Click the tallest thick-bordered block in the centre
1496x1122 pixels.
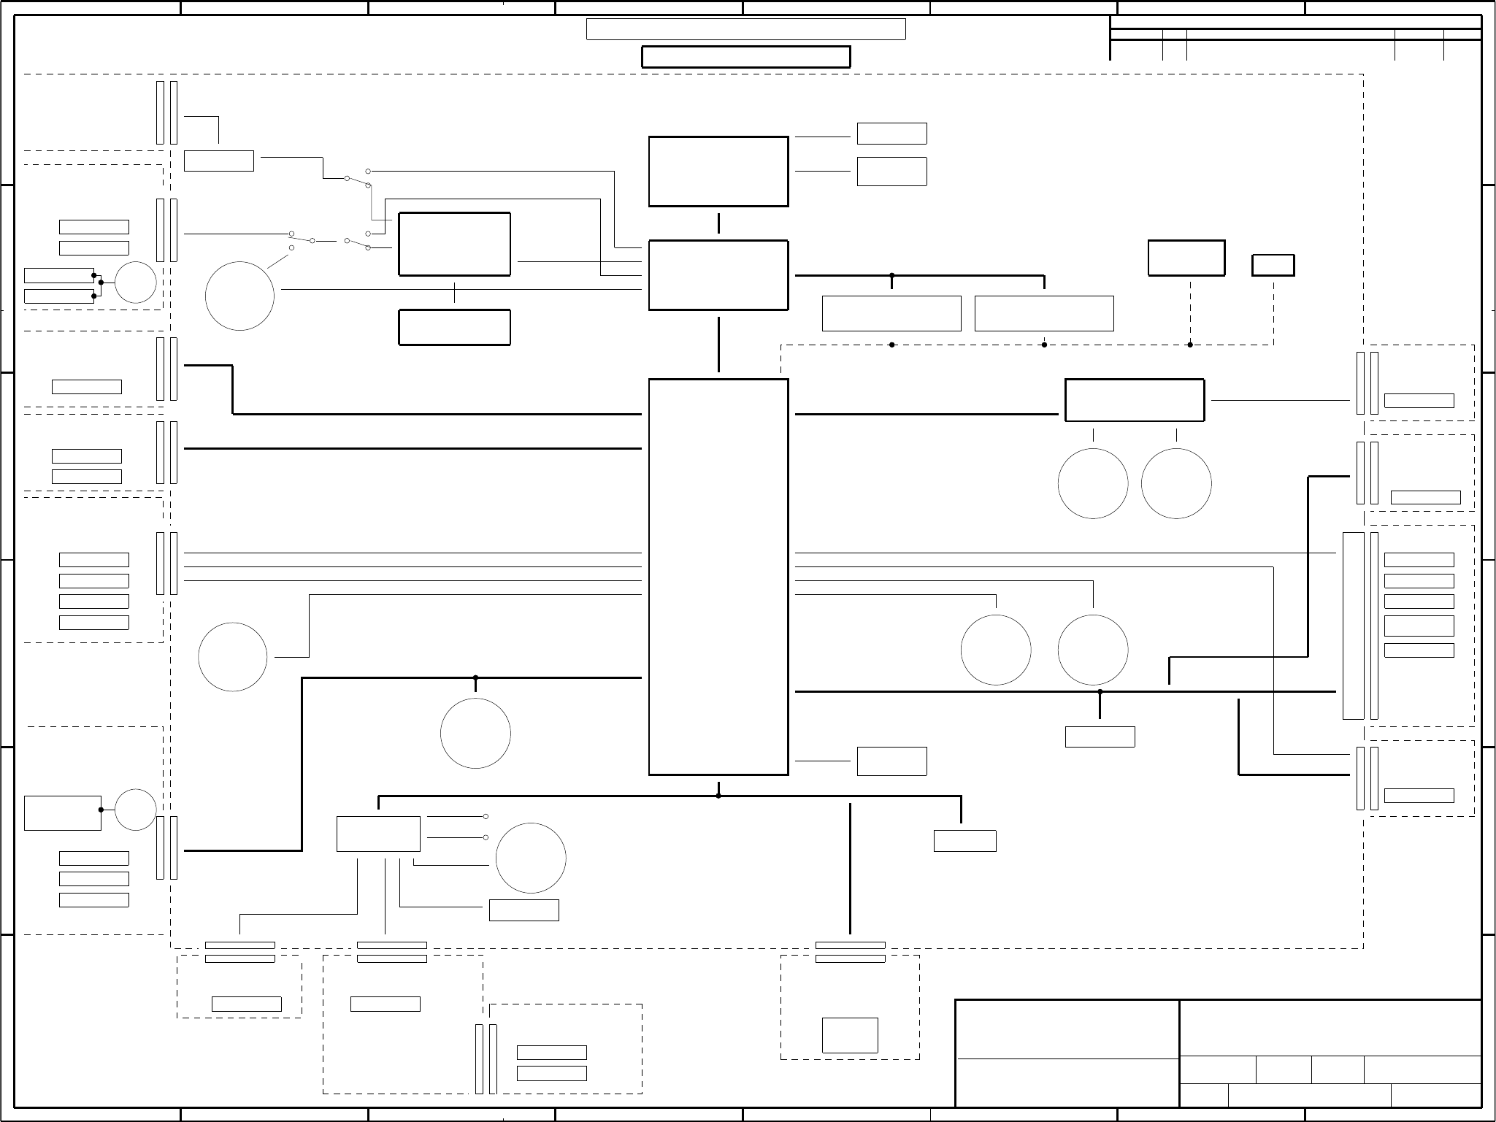coord(718,576)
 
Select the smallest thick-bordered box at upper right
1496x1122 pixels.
coord(1273,265)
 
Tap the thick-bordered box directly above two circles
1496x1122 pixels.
coord(1134,400)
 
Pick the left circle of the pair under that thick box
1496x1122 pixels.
coord(1092,483)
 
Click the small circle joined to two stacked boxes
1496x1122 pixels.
coord(136,283)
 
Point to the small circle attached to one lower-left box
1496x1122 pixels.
coord(136,810)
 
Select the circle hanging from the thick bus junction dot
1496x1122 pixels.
coord(475,733)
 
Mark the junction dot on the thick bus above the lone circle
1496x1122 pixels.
coord(475,678)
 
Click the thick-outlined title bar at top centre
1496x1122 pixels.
coord(745,57)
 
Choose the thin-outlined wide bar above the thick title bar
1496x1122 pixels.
coord(745,29)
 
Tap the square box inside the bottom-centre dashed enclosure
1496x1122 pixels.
coord(850,1035)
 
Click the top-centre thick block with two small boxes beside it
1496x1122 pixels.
coord(718,172)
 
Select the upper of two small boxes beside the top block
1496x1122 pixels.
coord(891,134)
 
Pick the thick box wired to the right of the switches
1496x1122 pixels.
coord(454,245)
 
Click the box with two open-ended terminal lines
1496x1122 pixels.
coord(378,834)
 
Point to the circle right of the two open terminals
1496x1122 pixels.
coord(531,858)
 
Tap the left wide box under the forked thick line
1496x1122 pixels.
coord(891,313)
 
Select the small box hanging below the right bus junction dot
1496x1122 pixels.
coord(1100,737)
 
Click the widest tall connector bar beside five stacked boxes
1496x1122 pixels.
coord(1353,626)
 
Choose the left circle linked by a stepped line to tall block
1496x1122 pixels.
coord(233,657)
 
